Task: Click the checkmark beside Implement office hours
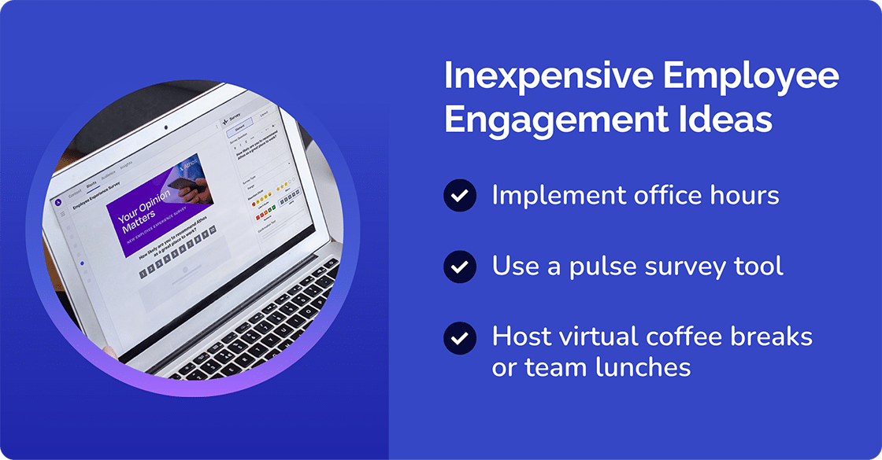459,195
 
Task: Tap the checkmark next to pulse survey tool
459,267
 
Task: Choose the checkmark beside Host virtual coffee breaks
459,338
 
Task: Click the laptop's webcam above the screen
165,127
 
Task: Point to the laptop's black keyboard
260,330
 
